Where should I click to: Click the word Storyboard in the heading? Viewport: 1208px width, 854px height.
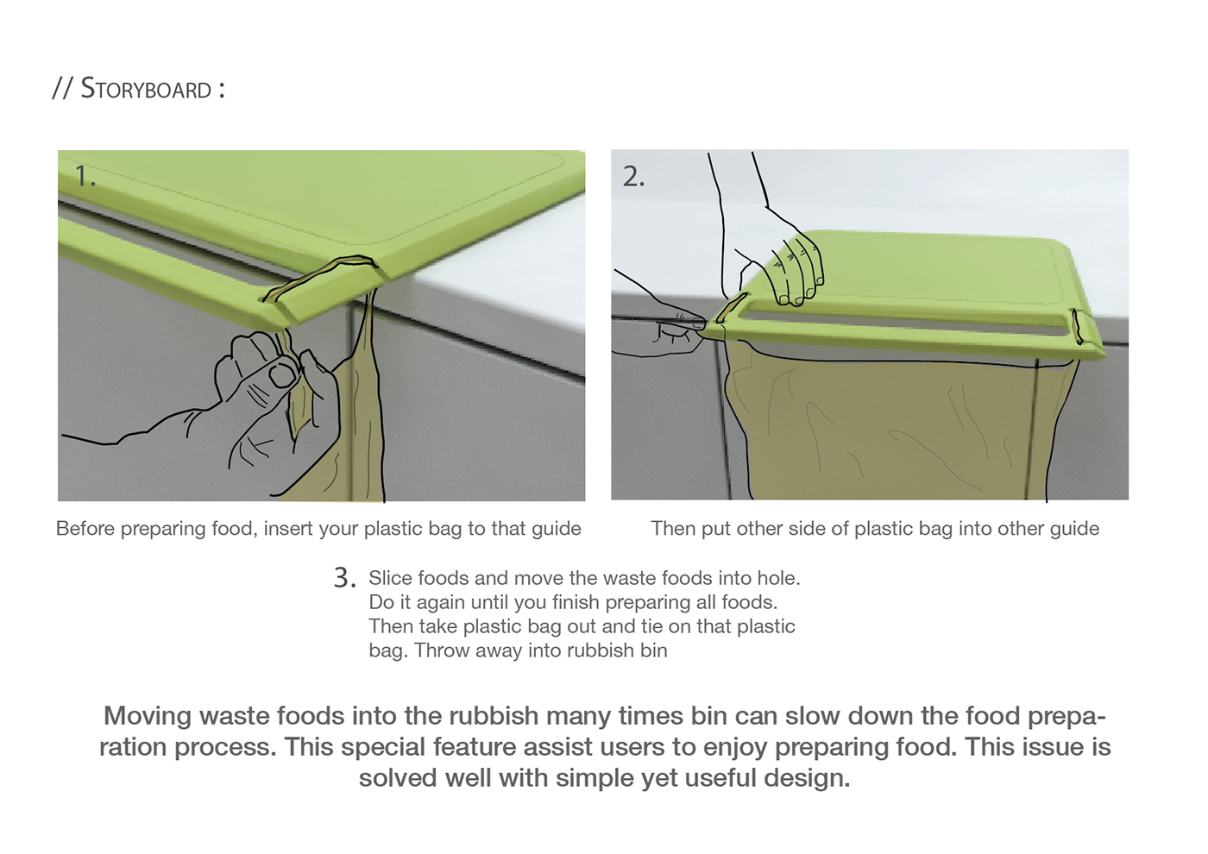[x=146, y=88]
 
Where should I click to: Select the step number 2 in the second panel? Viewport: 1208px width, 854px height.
[x=633, y=176]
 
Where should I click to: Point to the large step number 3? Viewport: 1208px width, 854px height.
[x=344, y=577]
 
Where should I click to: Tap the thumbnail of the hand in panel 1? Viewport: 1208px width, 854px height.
[x=281, y=375]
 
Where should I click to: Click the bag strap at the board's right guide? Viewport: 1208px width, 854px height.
[x=1077, y=327]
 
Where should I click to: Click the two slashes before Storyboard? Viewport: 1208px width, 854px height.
[x=62, y=88]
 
